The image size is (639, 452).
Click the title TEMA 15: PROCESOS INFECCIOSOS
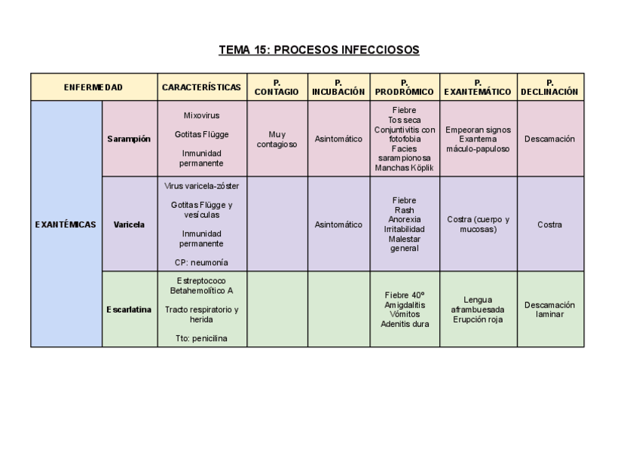(x=319, y=50)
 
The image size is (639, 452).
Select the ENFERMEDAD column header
(x=93, y=87)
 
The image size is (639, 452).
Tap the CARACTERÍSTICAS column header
(x=201, y=87)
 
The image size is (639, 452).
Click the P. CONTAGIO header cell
(x=277, y=87)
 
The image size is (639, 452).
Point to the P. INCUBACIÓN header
(x=338, y=87)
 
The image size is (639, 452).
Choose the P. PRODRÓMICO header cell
(x=404, y=87)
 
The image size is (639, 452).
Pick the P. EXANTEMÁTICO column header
(x=478, y=87)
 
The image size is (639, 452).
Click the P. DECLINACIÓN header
(x=549, y=87)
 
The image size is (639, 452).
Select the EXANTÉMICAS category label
(x=66, y=224)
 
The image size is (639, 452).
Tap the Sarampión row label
(x=129, y=139)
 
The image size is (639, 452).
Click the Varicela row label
(x=129, y=224)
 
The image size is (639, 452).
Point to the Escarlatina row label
(x=129, y=310)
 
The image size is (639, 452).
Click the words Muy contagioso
(x=277, y=139)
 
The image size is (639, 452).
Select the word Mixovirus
(x=201, y=116)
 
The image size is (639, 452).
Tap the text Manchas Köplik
(x=404, y=168)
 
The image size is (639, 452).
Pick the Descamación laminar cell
(x=549, y=310)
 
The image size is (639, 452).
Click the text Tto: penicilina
(x=201, y=338)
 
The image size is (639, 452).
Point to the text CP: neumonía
(x=201, y=263)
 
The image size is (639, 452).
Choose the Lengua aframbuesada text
(x=478, y=304)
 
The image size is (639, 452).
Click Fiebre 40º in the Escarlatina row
(x=404, y=295)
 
